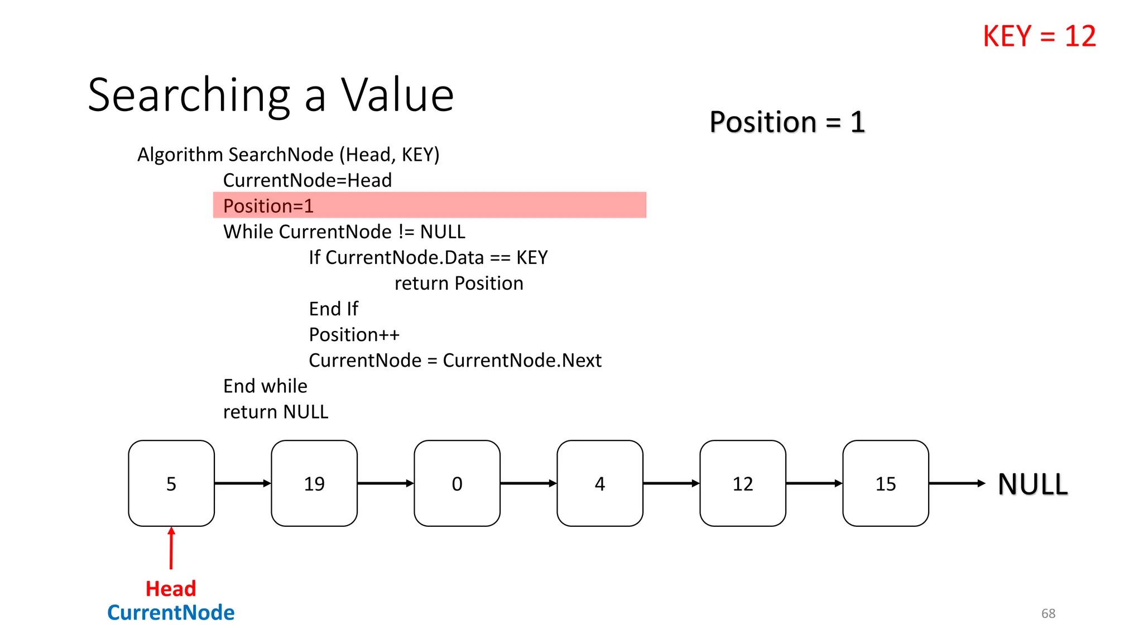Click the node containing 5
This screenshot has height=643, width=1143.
pos(171,483)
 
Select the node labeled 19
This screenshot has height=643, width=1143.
pos(314,483)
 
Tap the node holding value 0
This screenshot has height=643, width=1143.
pos(457,483)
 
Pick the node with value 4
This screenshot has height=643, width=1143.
pos(600,483)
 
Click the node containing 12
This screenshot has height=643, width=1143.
pos(743,483)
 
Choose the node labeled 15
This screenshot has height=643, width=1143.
pos(886,483)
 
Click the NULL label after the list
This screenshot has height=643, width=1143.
pos(1032,484)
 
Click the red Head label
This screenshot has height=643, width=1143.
pos(171,589)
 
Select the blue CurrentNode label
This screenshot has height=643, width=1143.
pos(171,613)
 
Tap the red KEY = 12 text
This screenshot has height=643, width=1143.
pos(1039,37)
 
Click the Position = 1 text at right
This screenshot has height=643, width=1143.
pos(787,122)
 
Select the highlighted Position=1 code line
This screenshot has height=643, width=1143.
pos(268,206)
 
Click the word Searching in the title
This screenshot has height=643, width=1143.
pos(189,96)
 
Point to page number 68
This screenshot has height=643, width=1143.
pos(1048,613)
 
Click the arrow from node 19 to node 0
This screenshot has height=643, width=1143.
pos(385,483)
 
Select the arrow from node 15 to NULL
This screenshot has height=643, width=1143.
pos(957,483)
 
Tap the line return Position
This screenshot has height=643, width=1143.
pos(459,284)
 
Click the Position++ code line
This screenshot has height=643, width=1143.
pos(354,335)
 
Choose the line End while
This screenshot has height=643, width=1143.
pos(265,386)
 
